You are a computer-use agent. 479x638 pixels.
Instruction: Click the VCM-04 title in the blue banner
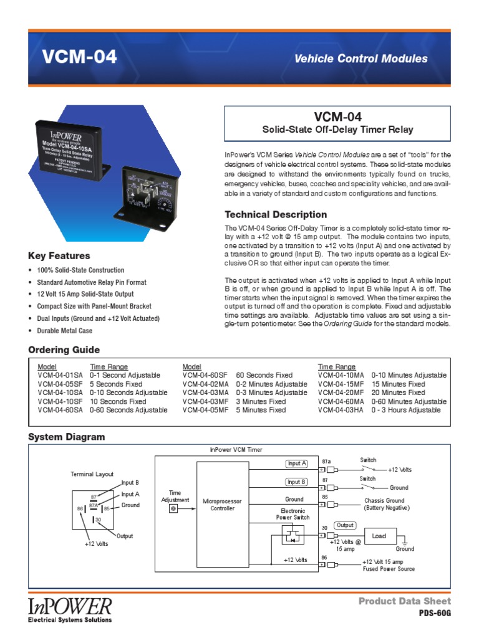coord(79,57)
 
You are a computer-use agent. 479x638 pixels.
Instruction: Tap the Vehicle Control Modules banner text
coord(360,59)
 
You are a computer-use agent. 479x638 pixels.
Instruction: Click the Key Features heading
coord(59,255)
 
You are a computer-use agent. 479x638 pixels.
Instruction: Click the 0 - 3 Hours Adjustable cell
coord(405,411)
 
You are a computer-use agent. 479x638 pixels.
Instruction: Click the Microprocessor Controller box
coord(223,505)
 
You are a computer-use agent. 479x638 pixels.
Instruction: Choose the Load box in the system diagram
coord(379,536)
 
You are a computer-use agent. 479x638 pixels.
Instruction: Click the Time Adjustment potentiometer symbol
coord(174,508)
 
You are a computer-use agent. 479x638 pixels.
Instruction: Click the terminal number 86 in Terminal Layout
coord(80,509)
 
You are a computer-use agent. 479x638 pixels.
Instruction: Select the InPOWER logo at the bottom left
coord(70,608)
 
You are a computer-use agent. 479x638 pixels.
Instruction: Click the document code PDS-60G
coord(434,614)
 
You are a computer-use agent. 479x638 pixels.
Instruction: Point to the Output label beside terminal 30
coord(345,525)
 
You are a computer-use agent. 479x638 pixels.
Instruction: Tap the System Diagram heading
coord(66,437)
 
